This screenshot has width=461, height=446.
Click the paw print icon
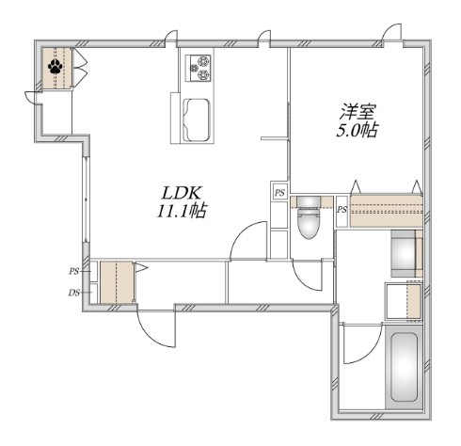(56, 68)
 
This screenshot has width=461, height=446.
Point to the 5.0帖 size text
(357, 131)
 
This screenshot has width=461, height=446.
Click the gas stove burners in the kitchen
(200, 67)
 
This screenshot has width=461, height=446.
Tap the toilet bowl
(308, 227)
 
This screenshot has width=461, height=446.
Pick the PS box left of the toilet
(279, 193)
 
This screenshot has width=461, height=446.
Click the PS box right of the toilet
(342, 209)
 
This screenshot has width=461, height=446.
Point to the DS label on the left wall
(73, 292)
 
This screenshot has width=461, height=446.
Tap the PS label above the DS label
(73, 271)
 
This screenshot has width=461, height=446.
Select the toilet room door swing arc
(306, 278)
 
